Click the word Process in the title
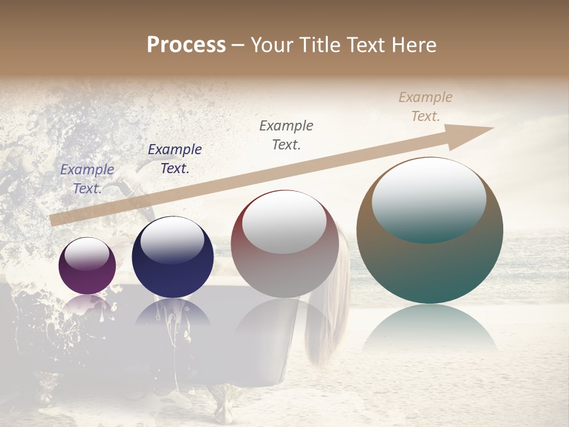pyautogui.click(x=186, y=45)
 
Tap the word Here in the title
pyautogui.click(x=413, y=45)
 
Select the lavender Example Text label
pyautogui.click(x=87, y=179)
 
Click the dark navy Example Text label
pyautogui.click(x=175, y=159)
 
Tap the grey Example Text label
pyautogui.click(x=286, y=135)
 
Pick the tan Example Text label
pyautogui.click(x=426, y=107)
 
